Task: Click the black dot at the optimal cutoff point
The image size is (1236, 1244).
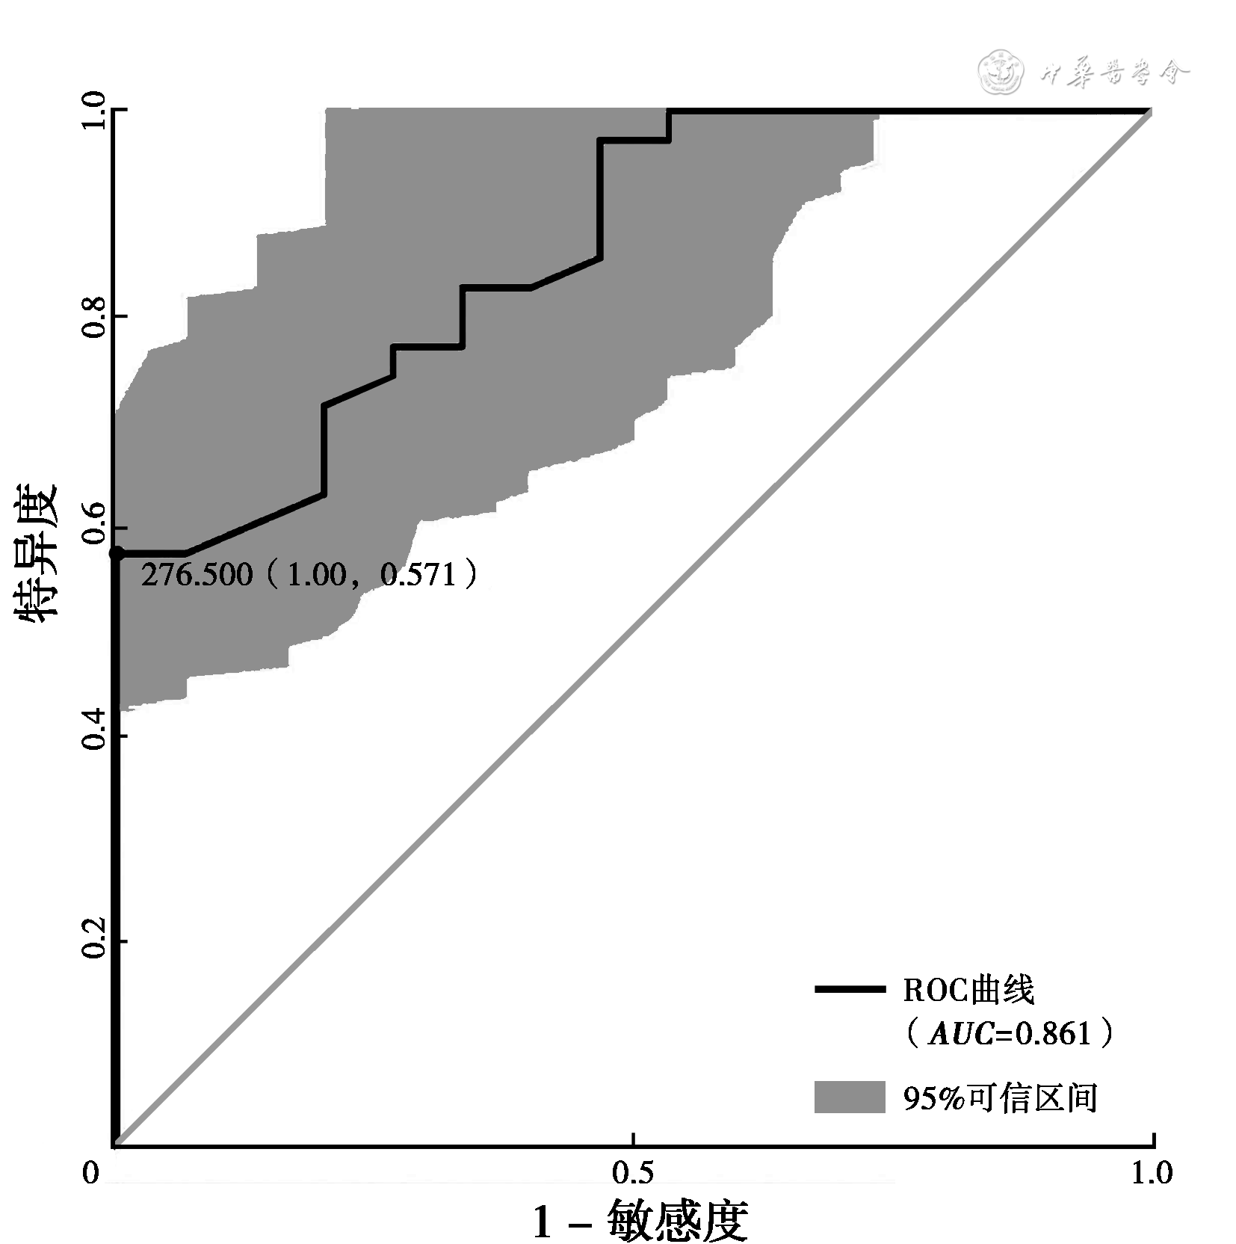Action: (x=117, y=553)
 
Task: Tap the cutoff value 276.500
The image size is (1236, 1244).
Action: (x=197, y=575)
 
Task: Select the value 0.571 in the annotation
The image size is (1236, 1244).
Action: (x=418, y=575)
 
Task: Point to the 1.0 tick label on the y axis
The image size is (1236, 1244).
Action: (x=93, y=111)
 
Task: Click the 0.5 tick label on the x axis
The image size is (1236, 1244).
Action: (x=633, y=1173)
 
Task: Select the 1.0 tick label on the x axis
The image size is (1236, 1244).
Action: (x=1152, y=1173)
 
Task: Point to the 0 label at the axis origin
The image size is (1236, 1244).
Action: (x=90, y=1173)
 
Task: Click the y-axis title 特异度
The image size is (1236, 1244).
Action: (x=36, y=553)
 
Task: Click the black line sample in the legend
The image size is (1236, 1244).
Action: (x=850, y=990)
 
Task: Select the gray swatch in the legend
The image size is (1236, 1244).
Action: (x=850, y=1097)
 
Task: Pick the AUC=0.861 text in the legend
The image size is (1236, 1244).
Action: (x=1010, y=1034)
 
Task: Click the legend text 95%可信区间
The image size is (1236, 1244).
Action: (x=1000, y=1098)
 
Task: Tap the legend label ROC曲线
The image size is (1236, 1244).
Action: (x=968, y=991)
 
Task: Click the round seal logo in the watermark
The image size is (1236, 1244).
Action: (x=1001, y=72)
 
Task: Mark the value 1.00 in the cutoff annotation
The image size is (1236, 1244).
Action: (x=317, y=575)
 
